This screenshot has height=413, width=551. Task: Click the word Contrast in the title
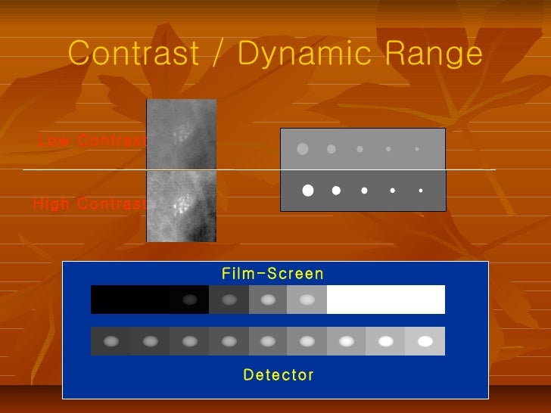pos(133,54)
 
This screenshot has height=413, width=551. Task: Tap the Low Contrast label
pos(92,141)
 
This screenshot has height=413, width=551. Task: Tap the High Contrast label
pos(89,204)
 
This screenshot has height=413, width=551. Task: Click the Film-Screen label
pos(272,274)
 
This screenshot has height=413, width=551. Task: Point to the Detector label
pos(279,374)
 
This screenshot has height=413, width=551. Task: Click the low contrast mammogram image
pos(181,135)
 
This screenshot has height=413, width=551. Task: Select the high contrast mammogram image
pos(181,206)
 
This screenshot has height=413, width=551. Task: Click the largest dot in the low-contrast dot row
pos(303,149)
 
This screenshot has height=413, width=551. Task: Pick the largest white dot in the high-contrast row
pos(308,191)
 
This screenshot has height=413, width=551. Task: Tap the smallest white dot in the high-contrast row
pos(420,191)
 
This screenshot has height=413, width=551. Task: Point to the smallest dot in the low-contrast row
pos(417,149)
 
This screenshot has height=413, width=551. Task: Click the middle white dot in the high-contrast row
pos(364,191)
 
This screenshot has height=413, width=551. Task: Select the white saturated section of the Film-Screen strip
pos(385,300)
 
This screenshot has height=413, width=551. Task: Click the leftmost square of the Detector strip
pos(111,341)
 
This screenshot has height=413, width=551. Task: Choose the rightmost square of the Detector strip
pos(425,341)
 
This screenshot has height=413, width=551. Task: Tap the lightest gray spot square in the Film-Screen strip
pos(307,300)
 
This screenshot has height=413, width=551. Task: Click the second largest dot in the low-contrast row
pos(331,149)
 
